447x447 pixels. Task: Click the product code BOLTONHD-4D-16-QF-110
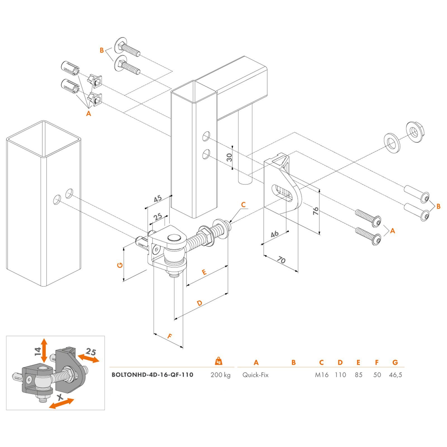click(152, 375)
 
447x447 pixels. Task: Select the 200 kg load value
click(220, 375)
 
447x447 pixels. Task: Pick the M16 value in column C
click(322, 375)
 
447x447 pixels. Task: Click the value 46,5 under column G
click(395, 375)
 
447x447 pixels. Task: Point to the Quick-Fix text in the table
click(255, 375)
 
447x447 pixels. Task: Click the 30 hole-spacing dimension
click(229, 157)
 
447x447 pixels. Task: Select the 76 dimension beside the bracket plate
click(316, 211)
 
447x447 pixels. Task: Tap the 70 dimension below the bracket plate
click(281, 260)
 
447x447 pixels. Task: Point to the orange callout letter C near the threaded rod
click(243, 205)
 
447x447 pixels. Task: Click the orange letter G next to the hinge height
click(120, 265)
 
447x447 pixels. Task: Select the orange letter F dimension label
click(170, 336)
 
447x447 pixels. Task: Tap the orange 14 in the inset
click(38, 351)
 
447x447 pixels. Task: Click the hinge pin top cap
click(173, 238)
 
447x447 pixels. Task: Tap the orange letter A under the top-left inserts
click(89, 113)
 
